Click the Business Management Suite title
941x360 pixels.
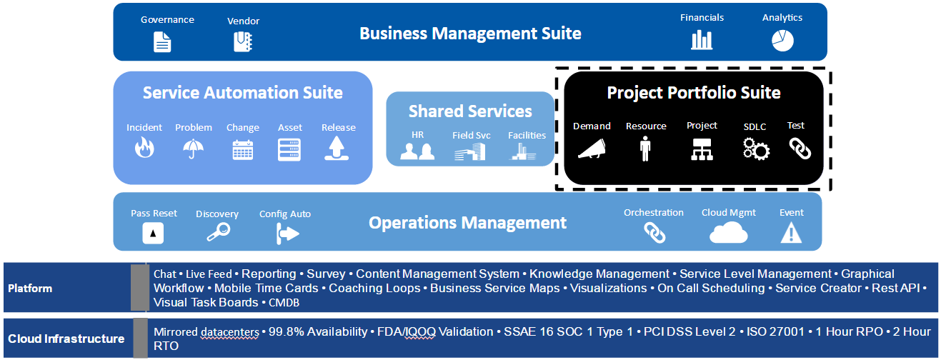point(470,33)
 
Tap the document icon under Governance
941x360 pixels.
point(164,42)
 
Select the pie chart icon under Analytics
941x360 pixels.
point(782,41)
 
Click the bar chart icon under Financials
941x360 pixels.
point(702,40)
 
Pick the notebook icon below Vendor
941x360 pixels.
point(243,42)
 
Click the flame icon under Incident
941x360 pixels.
point(144,149)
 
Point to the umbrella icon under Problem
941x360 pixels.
point(193,149)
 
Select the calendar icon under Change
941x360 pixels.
point(243,149)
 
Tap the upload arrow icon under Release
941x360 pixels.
point(338,149)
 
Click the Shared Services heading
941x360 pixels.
point(470,111)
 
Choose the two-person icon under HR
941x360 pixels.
point(417,151)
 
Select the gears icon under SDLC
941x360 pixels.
point(755,149)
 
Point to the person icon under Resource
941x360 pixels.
point(646,149)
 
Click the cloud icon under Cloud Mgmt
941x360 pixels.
point(728,233)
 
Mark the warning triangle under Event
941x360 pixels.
point(791,233)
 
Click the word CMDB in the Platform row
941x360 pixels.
point(284,303)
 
